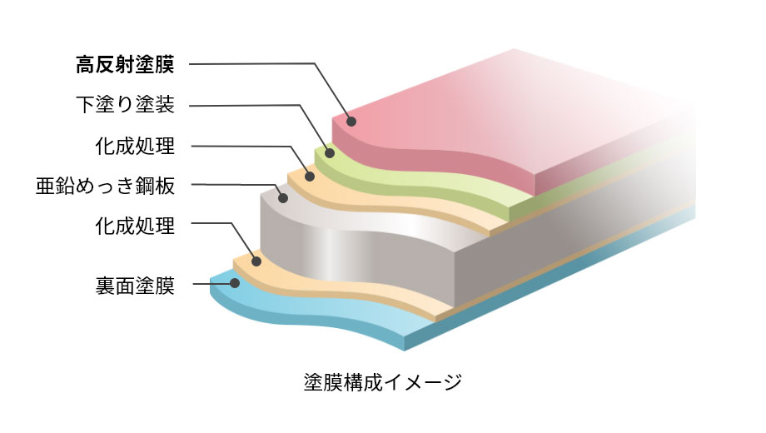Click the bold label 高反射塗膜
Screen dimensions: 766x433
pos(125,64)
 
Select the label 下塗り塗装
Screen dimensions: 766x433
pos(125,105)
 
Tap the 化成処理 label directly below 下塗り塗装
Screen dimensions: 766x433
pos(135,146)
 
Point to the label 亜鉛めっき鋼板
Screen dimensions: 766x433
pos(105,186)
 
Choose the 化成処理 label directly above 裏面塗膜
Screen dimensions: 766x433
pos(135,226)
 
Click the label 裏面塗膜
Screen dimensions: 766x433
pos(135,286)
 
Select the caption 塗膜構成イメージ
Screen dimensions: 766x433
pos(382,382)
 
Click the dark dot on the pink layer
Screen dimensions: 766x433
pos(351,122)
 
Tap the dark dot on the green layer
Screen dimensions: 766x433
pos(330,153)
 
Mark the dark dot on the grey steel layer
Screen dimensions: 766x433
pos(283,198)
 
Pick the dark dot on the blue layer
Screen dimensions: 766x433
pos(235,283)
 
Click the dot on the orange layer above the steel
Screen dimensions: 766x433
pos(309,176)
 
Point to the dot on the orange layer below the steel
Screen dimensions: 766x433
pos(256,261)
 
